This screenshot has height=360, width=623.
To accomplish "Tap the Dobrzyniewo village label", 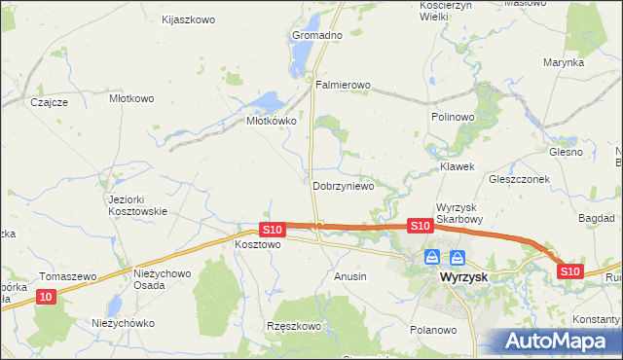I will click(x=344, y=186).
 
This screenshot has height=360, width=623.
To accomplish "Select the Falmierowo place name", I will click(x=344, y=86).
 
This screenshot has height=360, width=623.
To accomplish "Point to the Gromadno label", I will click(x=317, y=35).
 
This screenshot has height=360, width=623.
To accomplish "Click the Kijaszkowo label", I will click(x=189, y=18).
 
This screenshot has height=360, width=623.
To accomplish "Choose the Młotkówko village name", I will click(x=271, y=122).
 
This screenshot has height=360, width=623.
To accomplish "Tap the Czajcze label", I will click(x=48, y=102).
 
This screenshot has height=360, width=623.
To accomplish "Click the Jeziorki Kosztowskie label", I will click(x=138, y=205).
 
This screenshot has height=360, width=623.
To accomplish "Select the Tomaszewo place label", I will click(x=68, y=276).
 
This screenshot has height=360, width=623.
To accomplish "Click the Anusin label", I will click(x=350, y=276).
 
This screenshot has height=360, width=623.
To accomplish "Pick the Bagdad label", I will click(x=596, y=220).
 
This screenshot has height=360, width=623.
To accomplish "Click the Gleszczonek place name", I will click(x=520, y=179).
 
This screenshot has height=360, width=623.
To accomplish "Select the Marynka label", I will click(x=564, y=62).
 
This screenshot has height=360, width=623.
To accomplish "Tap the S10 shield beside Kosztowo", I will click(x=273, y=230).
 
